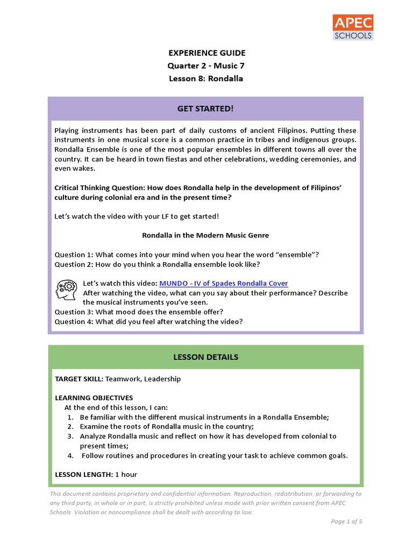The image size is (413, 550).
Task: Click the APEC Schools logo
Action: (353, 27)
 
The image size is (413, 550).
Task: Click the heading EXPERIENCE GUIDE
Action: (206, 53)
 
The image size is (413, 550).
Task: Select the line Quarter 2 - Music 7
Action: (206, 66)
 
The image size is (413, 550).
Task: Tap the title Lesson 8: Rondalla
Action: (206, 78)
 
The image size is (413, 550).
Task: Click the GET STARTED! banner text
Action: (206, 108)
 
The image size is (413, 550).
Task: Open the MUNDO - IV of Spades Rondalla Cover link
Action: (223, 283)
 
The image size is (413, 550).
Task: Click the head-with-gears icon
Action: (66, 290)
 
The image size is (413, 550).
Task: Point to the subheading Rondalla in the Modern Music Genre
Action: (205, 235)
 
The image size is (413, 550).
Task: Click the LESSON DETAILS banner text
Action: (206, 357)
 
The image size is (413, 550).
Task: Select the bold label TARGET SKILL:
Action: (79, 379)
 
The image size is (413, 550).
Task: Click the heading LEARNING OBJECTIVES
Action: (94, 398)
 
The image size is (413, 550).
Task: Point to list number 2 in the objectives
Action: (70, 426)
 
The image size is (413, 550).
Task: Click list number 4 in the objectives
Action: (70, 455)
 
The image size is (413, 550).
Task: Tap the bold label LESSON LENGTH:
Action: (84, 475)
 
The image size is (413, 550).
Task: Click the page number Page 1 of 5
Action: (347, 521)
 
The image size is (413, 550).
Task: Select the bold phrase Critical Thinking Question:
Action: (101, 187)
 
